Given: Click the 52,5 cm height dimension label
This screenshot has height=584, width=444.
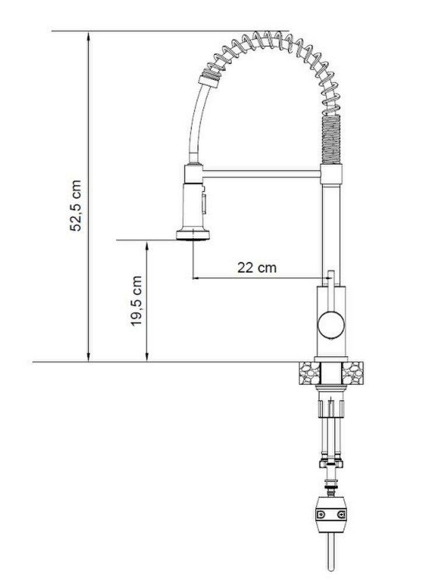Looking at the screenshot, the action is point(76,206).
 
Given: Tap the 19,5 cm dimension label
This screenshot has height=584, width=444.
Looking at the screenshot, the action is point(137,301).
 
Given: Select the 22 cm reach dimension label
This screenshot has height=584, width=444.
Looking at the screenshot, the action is point(257,267).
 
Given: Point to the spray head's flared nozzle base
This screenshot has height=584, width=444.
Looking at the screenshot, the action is point(193,235).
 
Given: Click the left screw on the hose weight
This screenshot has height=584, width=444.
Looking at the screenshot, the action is point(320,515).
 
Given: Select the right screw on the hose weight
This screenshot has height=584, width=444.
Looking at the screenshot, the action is point(341,515).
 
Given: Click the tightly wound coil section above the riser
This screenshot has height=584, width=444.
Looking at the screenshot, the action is point(330,140).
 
